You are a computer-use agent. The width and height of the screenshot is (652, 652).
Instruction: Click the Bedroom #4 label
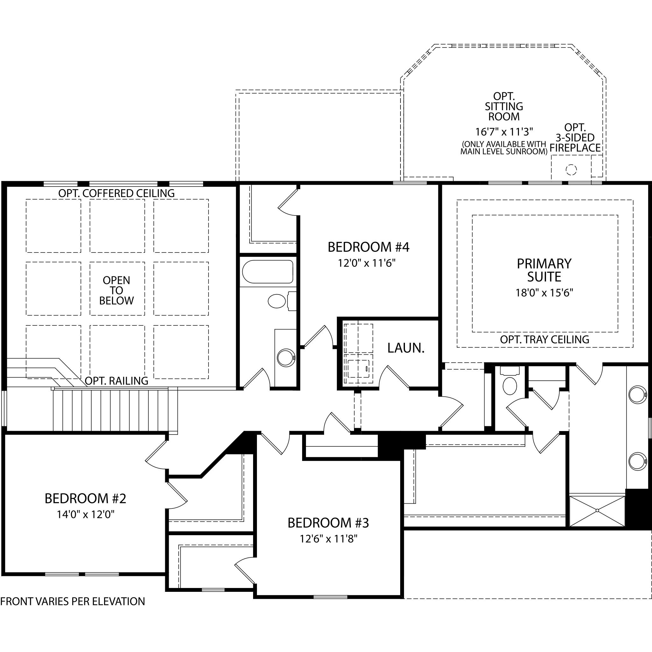coord(368,247)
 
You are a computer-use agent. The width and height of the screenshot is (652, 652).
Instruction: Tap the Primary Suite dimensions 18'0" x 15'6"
coord(544,293)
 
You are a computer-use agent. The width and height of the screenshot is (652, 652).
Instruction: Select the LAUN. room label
coord(406,348)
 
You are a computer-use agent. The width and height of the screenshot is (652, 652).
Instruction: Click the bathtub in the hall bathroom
coord(268,271)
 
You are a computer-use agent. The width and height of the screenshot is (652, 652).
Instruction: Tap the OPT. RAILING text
coord(117,381)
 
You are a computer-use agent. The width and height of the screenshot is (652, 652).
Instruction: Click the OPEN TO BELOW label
coord(117,290)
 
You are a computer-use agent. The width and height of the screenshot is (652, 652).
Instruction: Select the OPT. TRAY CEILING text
coord(544,339)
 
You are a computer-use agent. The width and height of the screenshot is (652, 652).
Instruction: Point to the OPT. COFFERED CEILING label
coord(117,193)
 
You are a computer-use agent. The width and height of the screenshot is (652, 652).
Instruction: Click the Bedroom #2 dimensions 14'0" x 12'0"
coord(86,514)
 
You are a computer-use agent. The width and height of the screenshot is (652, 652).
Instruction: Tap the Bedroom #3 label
coord(328,523)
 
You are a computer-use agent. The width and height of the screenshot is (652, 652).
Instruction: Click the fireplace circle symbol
coord(571,169)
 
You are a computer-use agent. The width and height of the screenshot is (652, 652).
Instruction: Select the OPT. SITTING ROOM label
coord(504,107)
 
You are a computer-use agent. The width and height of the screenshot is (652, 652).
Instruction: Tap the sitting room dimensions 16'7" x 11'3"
coord(504,131)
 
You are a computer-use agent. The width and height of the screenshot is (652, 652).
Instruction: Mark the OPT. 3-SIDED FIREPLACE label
coord(575,138)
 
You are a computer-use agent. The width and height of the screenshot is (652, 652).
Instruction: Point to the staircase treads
coord(115,410)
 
